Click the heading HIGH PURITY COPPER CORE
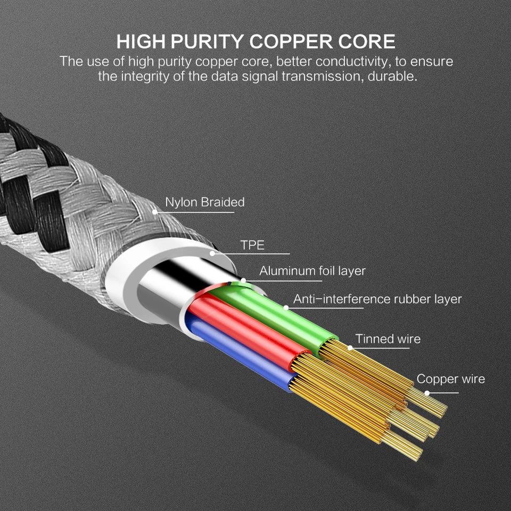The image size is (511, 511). [x=256, y=42]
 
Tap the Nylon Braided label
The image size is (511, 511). [x=204, y=202]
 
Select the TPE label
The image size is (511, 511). [x=252, y=245]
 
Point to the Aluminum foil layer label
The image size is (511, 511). [x=312, y=271]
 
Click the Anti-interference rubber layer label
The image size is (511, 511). [x=377, y=299]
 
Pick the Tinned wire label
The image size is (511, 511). [x=388, y=339]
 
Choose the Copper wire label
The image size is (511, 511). [x=450, y=379]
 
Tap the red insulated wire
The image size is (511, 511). [x=250, y=330]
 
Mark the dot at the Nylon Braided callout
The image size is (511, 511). [x=155, y=212]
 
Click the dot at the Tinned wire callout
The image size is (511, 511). [x=350, y=348]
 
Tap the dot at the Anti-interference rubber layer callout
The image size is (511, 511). [x=286, y=308]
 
